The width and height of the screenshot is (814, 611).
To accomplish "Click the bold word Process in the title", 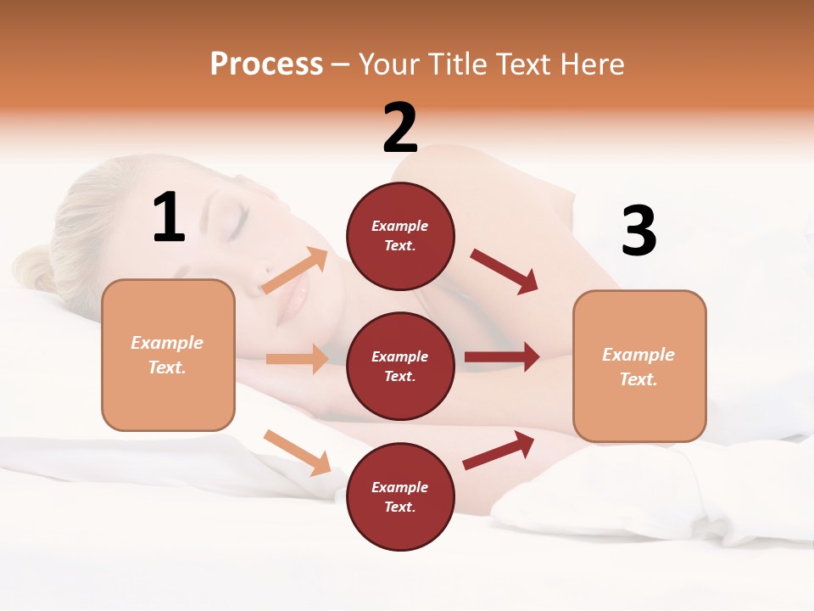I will point(266,64).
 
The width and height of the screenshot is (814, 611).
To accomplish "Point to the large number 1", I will point(169,218).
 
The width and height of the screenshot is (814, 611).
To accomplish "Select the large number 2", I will point(400,128).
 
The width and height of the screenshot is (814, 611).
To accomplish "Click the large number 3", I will point(638,232).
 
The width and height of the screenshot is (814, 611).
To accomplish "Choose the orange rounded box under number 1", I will point(168,355).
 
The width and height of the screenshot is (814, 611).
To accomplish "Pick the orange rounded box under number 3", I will point(639,367).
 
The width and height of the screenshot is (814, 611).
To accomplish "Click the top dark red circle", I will point(400,235).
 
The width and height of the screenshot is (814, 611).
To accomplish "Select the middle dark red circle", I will point(400,366).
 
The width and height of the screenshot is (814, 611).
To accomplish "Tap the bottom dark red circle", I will point(400,496).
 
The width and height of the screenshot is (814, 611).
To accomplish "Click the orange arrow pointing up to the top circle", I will point(295,271).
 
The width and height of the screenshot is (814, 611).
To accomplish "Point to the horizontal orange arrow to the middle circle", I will point(298,359).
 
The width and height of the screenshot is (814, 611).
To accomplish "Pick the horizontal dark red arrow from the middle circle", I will point(502,357).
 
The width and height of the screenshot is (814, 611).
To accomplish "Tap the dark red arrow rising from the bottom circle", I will point(499,450).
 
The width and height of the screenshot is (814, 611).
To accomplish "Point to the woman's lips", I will point(293,297).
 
